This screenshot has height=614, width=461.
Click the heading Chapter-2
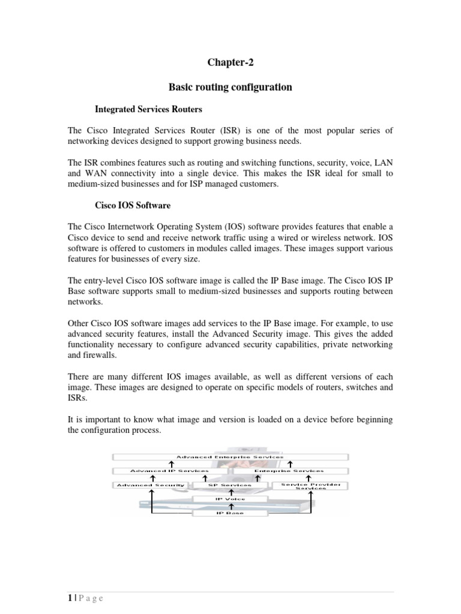coord(230,62)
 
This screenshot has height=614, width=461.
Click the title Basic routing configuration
coord(230,88)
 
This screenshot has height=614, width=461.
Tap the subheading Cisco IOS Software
coord(133,205)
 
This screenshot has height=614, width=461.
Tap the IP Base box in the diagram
coord(230,513)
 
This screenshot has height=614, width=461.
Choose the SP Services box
coord(230,484)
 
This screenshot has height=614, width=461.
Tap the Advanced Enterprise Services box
coord(230,457)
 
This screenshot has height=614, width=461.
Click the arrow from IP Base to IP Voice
coord(230,506)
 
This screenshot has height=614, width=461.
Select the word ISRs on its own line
coord(77,397)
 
